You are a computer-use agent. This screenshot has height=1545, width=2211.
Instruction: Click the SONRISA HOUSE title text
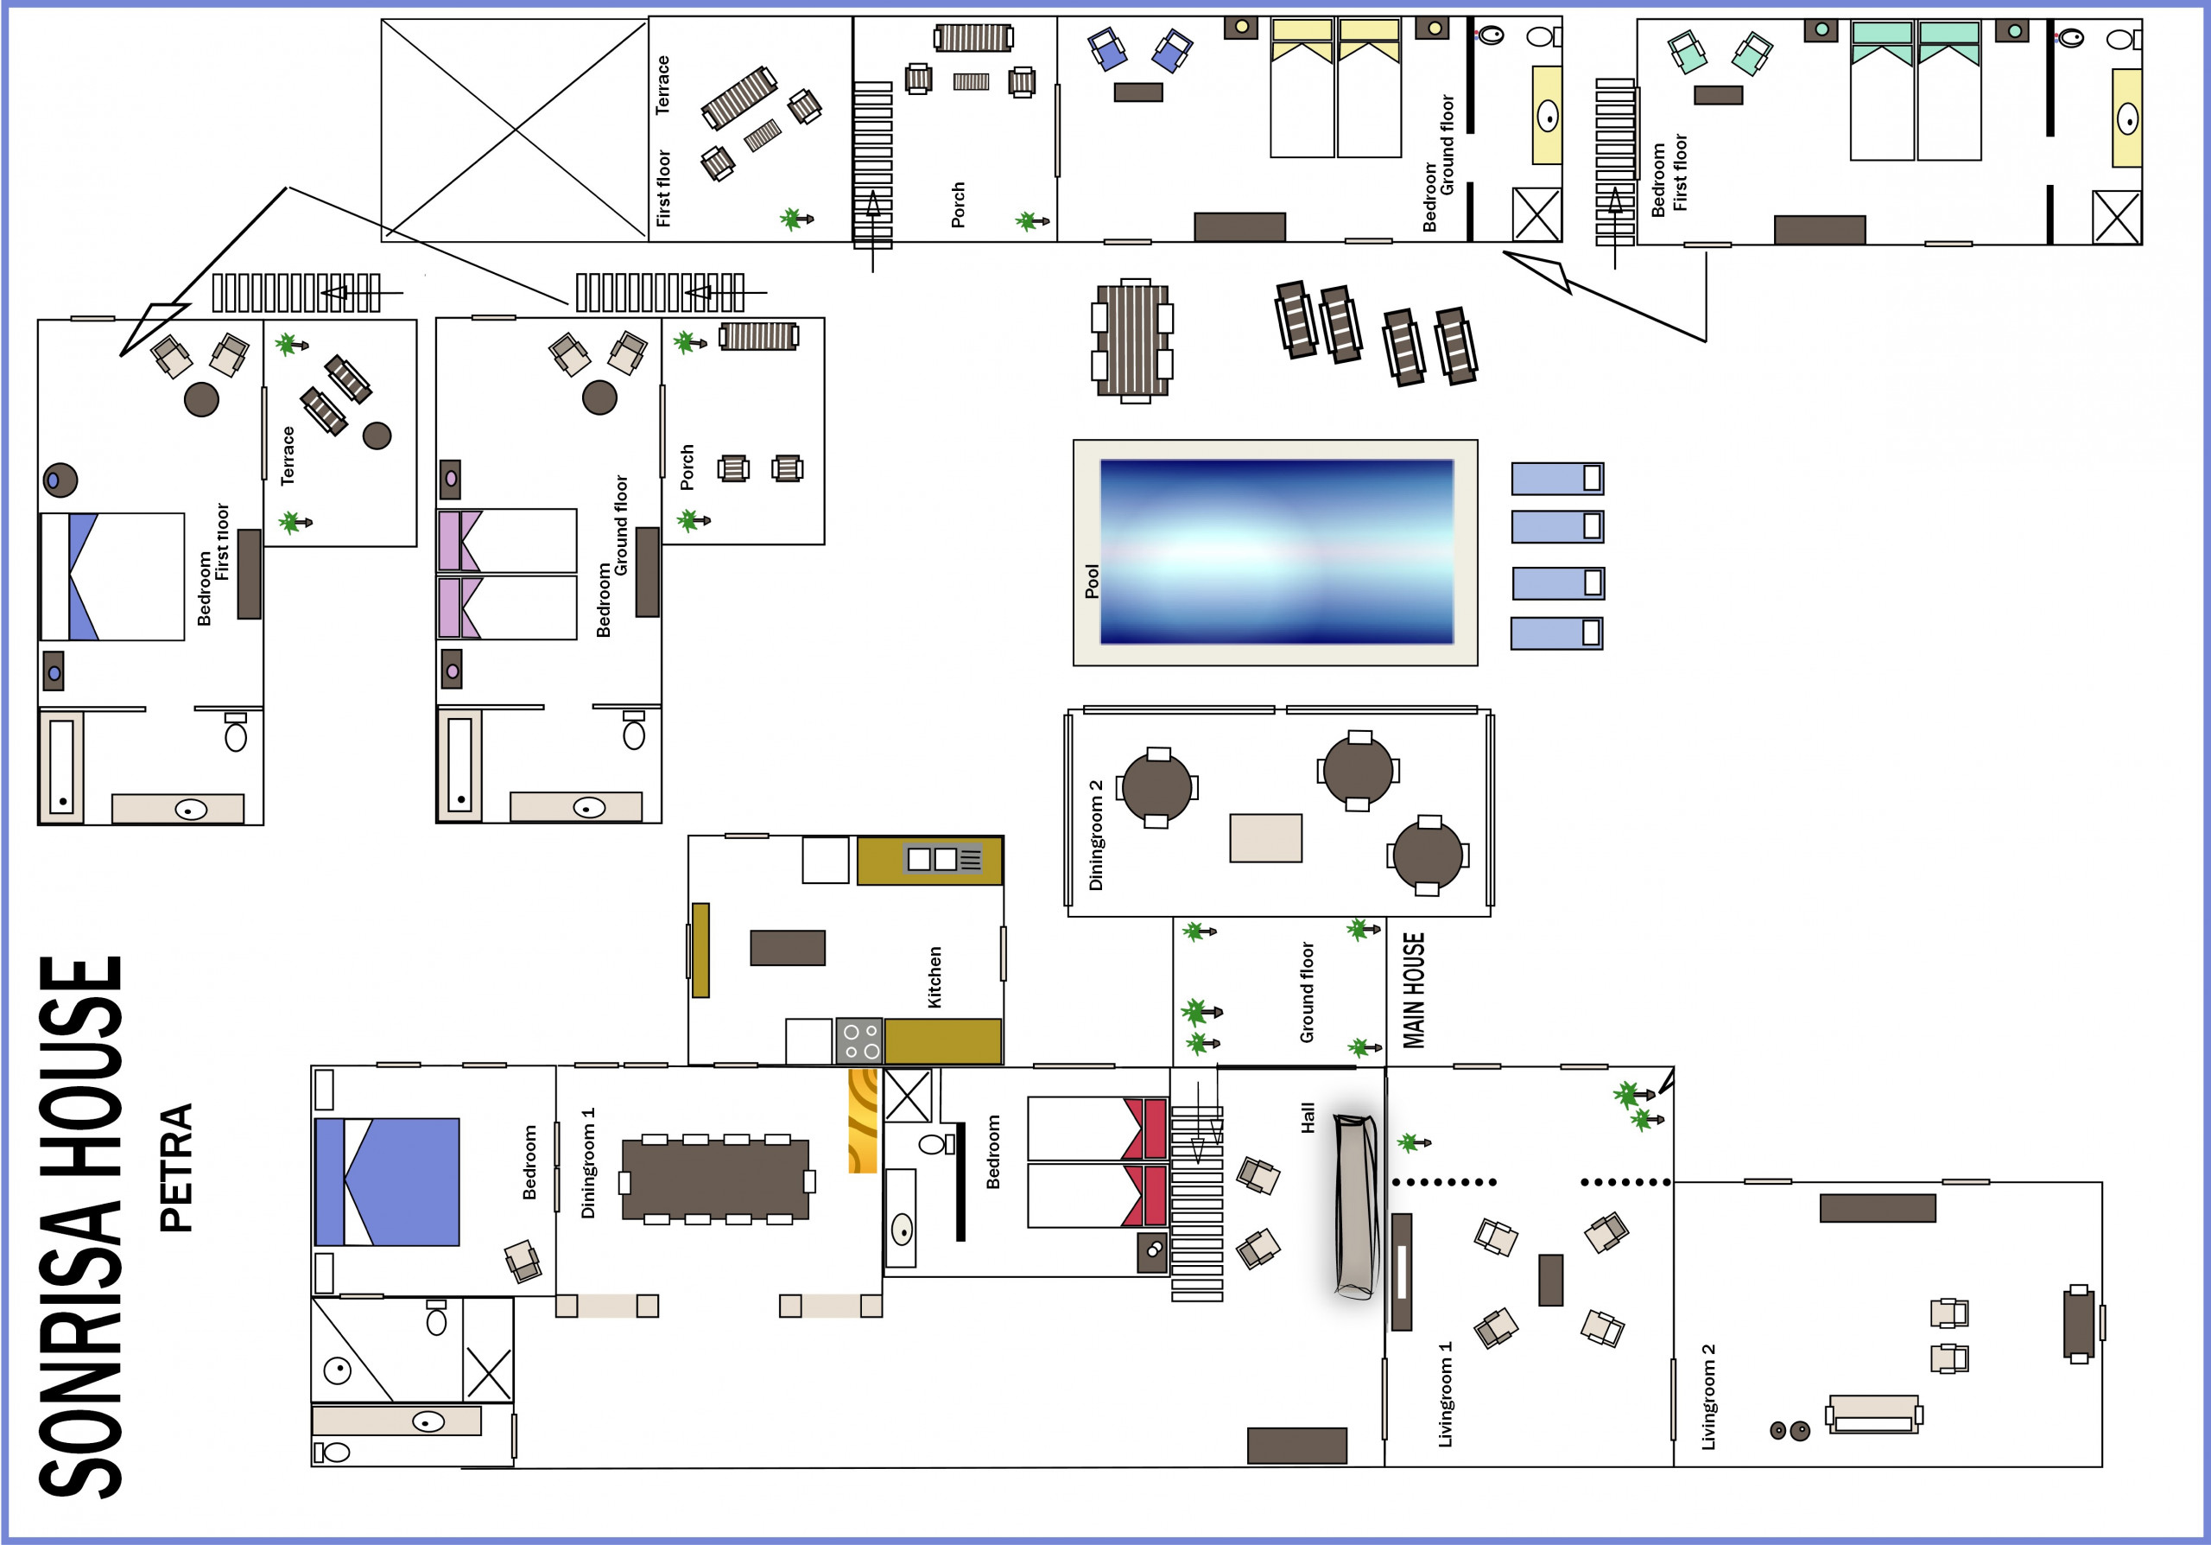pyautogui.click(x=81, y=1226)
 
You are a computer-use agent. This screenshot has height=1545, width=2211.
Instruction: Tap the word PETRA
pyautogui.click(x=176, y=1167)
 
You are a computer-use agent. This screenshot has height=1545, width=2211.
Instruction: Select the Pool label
pyautogui.click(x=1091, y=581)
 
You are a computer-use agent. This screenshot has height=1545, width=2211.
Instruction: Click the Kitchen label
pyautogui.click(x=934, y=976)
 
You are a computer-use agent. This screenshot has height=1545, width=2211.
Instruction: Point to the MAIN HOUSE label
pyautogui.click(x=1413, y=990)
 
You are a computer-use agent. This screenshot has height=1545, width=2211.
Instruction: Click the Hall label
pyautogui.click(x=1308, y=1117)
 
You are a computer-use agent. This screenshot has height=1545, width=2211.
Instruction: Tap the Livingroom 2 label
pyautogui.click(x=1708, y=1396)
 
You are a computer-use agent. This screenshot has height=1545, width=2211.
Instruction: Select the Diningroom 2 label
pyautogui.click(x=1095, y=835)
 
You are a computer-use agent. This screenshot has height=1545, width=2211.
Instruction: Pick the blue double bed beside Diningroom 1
pyautogui.click(x=387, y=1182)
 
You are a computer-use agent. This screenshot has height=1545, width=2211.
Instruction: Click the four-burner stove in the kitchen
pyautogui.click(x=859, y=1041)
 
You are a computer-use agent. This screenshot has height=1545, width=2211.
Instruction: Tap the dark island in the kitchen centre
pyautogui.click(x=788, y=948)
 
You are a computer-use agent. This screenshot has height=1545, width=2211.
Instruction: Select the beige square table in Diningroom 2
pyautogui.click(x=1265, y=838)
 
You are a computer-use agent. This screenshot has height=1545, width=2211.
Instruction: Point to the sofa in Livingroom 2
pyautogui.click(x=1874, y=1414)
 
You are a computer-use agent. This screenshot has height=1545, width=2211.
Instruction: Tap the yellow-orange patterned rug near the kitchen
pyautogui.click(x=863, y=1119)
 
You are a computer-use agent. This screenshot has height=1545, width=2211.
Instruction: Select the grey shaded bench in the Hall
pyautogui.click(x=1356, y=1206)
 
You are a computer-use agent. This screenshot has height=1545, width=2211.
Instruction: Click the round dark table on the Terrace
pyautogui.click(x=377, y=436)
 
